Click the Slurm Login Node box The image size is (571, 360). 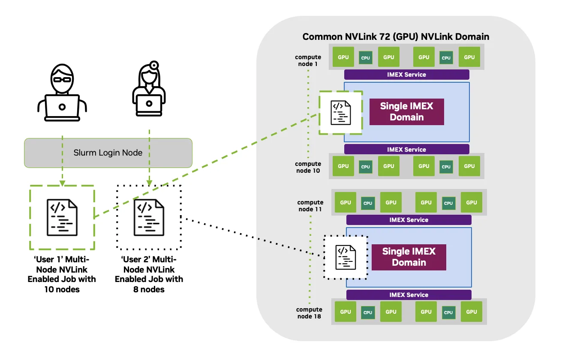(108, 153)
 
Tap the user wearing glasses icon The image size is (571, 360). (62, 93)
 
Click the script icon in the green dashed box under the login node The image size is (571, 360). (62, 217)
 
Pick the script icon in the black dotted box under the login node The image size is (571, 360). (149, 218)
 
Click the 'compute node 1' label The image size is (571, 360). (308, 60)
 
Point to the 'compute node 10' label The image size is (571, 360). (308, 167)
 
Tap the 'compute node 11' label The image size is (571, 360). (310, 206)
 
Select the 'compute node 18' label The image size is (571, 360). (309, 313)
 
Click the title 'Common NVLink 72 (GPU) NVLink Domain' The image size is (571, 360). (396, 37)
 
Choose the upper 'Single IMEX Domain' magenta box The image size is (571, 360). (406, 112)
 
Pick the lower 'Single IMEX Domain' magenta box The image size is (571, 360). (409, 257)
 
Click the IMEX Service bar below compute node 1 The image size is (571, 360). (406, 75)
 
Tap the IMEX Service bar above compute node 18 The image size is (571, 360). (409, 295)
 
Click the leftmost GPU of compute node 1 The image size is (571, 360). (343, 57)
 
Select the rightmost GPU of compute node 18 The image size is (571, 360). (472, 312)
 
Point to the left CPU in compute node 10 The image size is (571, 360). (365, 167)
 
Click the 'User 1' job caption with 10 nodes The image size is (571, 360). (62, 274)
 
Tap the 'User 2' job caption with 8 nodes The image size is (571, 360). (149, 274)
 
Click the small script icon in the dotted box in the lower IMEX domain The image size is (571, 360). (346, 257)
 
